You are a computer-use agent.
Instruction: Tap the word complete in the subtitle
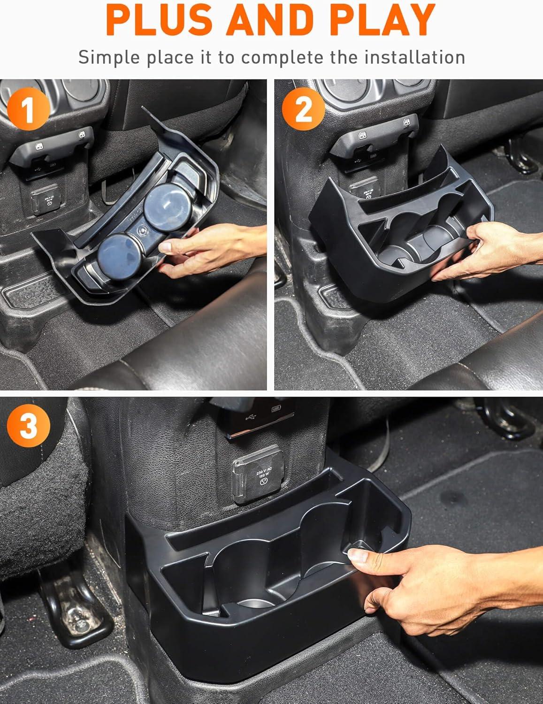coord(282,58)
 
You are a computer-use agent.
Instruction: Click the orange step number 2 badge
coord(303,109)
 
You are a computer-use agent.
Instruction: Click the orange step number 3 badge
coord(29,426)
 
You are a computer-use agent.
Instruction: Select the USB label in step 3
coord(276,409)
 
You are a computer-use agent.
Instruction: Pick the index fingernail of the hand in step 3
coord(358,556)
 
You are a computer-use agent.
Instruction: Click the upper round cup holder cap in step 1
coord(168,207)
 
